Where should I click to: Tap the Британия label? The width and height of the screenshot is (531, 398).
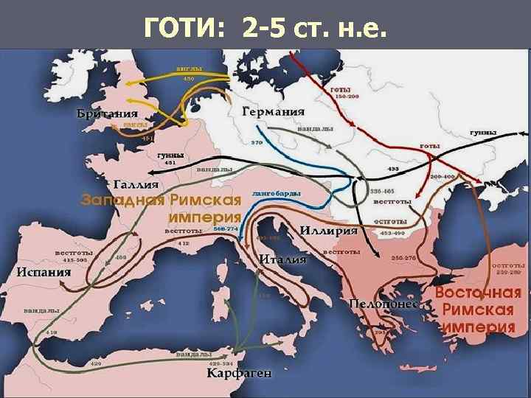[x=106, y=114]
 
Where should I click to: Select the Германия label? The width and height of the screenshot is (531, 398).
[x=273, y=112]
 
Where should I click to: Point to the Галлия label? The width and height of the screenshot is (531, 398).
[x=138, y=184]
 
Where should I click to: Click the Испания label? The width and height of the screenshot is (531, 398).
[x=44, y=271]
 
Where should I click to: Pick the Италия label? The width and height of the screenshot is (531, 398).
[x=282, y=259]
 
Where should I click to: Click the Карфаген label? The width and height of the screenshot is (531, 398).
[x=238, y=373]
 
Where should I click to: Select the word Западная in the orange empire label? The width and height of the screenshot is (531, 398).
[x=122, y=200]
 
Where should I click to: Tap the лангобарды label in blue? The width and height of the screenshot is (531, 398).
[x=276, y=192]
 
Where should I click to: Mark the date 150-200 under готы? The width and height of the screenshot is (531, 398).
[x=347, y=97]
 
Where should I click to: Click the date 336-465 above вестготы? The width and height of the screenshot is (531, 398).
[x=381, y=191]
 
